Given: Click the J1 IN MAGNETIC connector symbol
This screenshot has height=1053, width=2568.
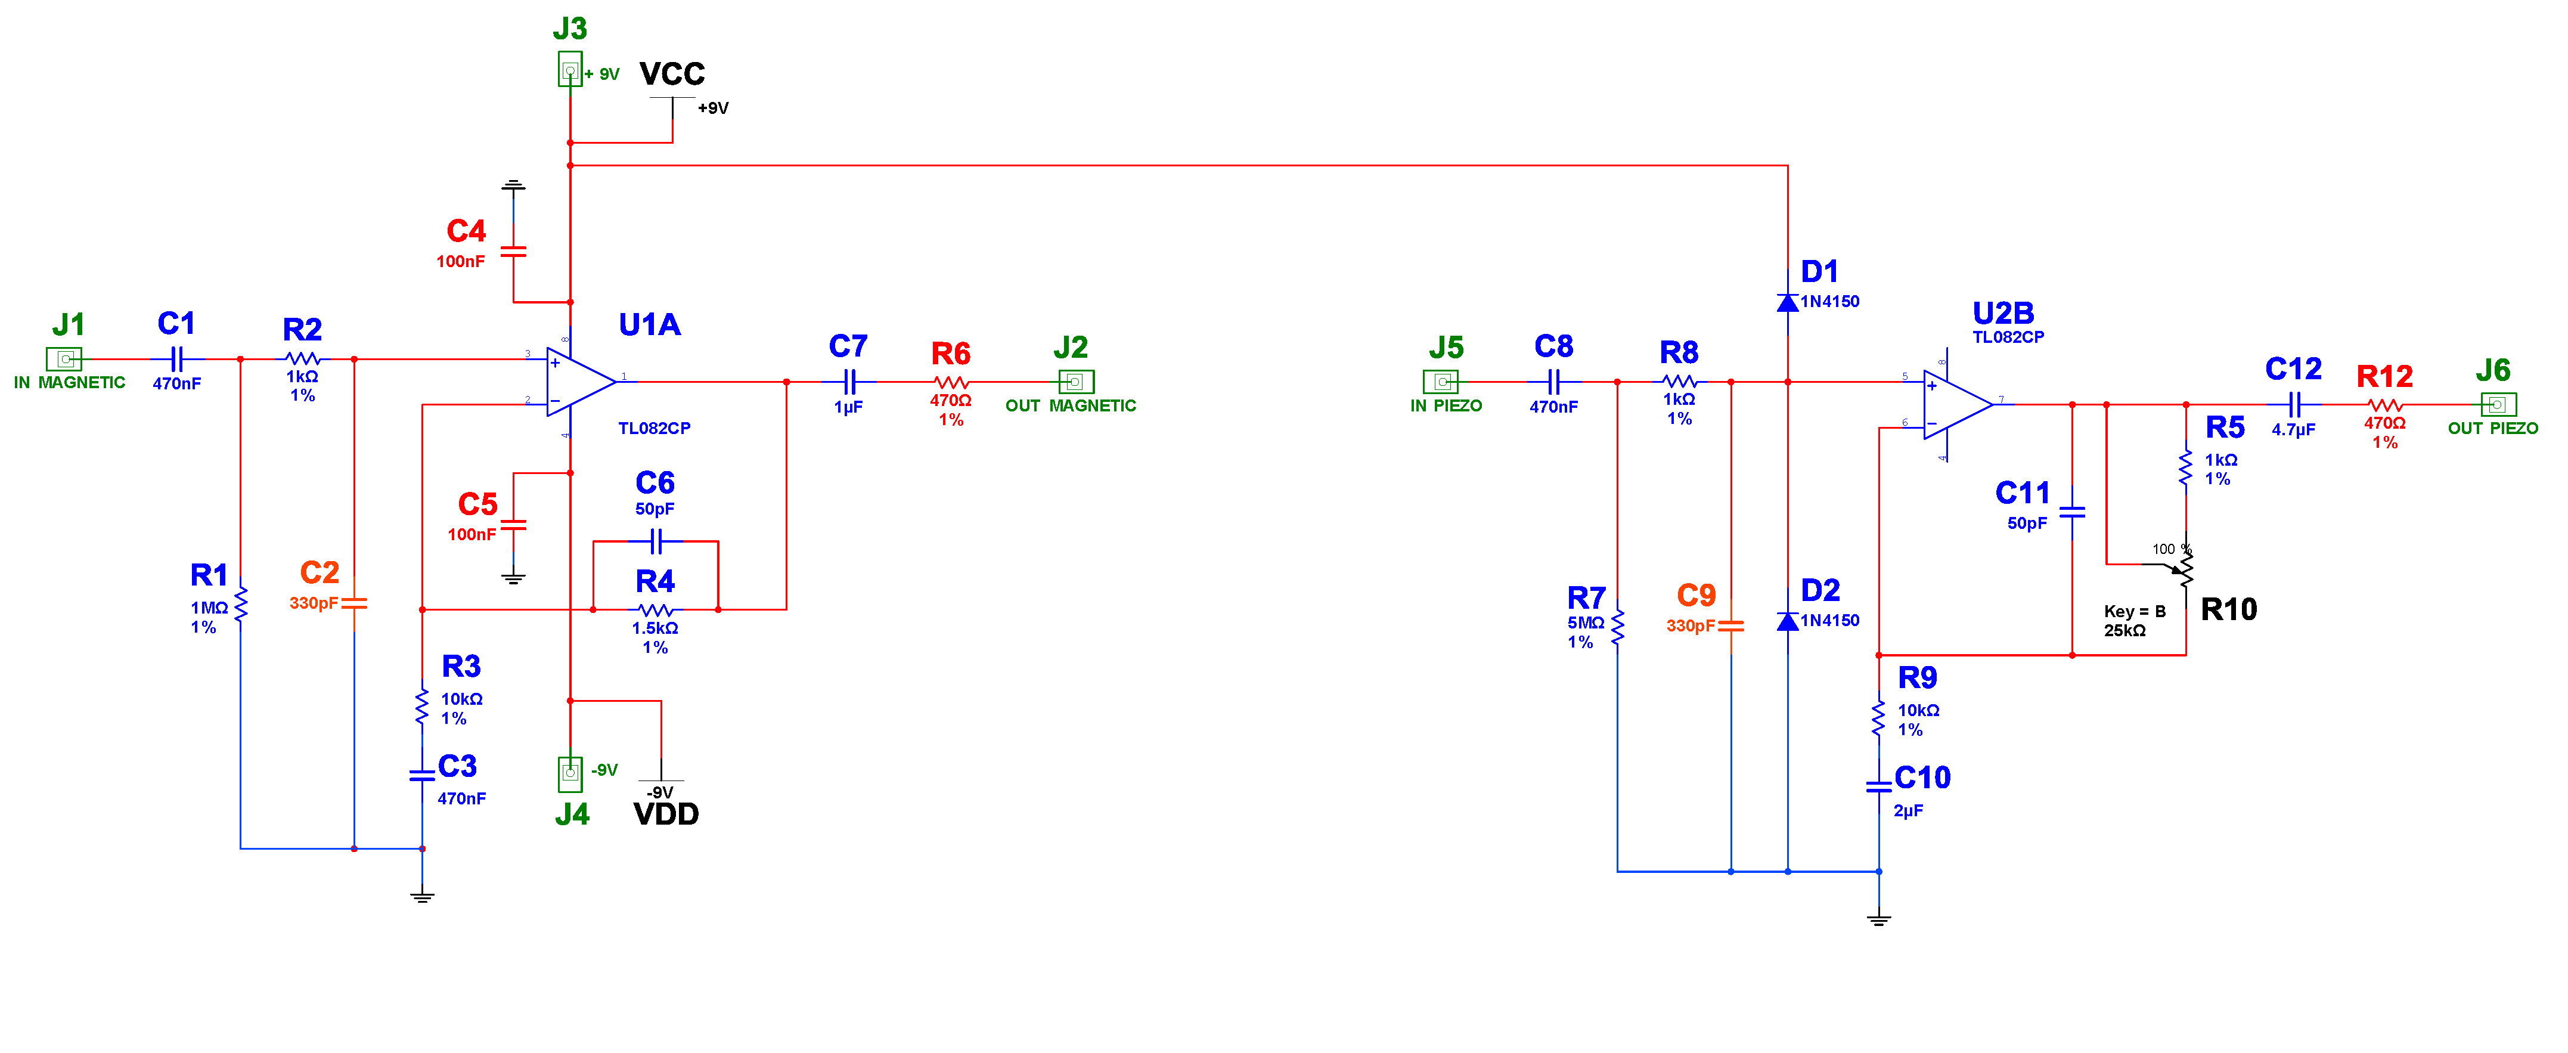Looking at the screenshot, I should pyautogui.click(x=64, y=359).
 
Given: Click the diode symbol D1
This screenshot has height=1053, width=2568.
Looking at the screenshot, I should pyautogui.click(x=1788, y=301).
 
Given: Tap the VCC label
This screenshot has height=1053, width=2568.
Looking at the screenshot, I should pyautogui.click(x=672, y=74).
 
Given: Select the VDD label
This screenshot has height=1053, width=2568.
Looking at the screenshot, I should pyautogui.click(x=666, y=814).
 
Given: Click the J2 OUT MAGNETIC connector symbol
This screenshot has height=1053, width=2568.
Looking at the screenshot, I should pyautogui.click(x=1075, y=382).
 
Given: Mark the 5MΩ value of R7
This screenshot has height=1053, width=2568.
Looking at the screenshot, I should pyautogui.click(x=1585, y=623).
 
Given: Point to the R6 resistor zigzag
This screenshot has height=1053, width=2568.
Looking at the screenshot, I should pyautogui.click(x=951, y=382).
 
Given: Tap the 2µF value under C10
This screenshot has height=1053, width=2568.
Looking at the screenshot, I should pyautogui.click(x=1908, y=812).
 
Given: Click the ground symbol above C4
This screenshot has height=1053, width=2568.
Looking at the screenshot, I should pyautogui.click(x=513, y=185).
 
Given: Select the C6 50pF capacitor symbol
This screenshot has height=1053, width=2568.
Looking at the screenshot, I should pyautogui.click(x=656, y=541).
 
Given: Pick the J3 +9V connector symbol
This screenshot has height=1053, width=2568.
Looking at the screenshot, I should pyautogui.click(x=569, y=70).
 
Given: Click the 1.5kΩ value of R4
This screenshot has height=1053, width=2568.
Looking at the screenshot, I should pyautogui.click(x=655, y=628).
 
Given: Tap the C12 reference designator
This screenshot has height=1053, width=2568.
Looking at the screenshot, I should pyautogui.click(x=2293, y=370).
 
